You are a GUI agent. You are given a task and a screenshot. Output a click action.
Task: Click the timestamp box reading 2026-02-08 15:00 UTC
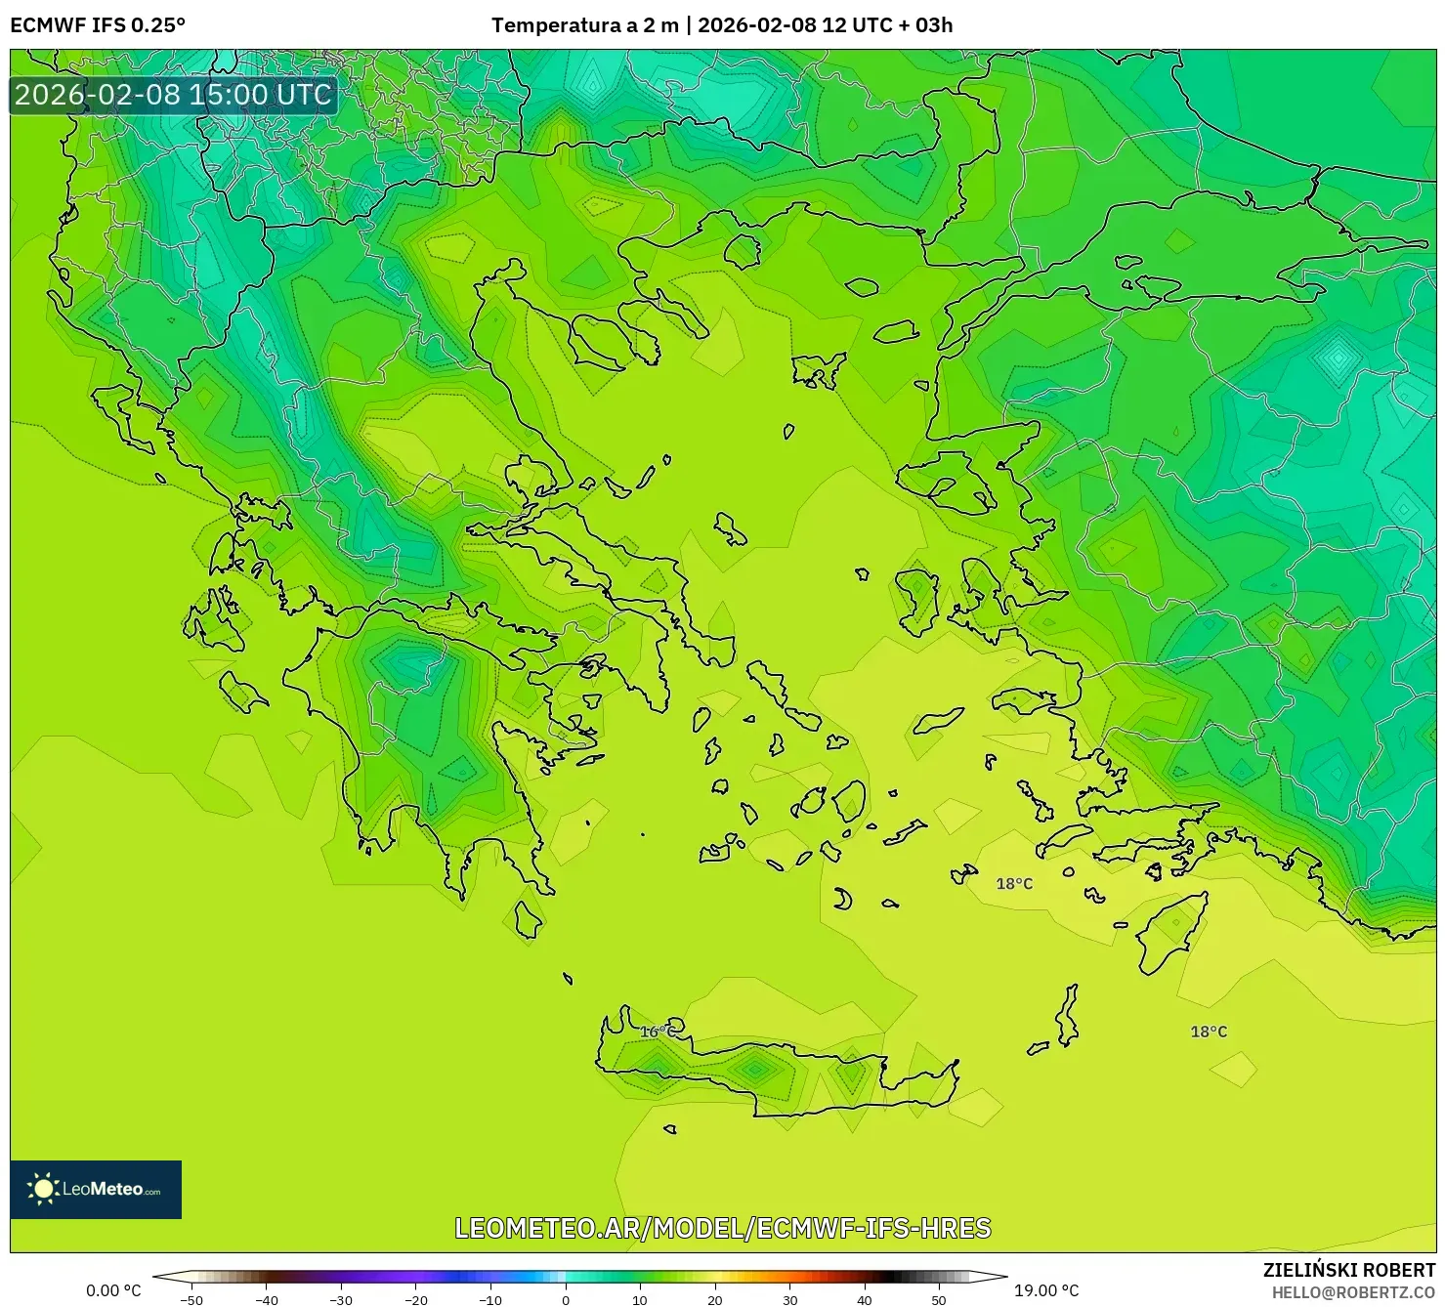174,95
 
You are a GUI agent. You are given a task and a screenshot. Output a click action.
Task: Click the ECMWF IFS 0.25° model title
97,25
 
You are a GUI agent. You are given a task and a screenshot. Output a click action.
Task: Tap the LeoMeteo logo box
96,1189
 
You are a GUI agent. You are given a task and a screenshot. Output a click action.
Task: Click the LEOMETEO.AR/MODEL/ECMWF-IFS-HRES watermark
723,1228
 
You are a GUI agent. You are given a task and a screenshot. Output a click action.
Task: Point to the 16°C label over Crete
658,1032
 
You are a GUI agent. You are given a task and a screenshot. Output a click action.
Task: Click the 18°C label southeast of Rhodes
1209,1032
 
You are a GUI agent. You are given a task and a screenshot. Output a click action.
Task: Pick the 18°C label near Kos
1014,884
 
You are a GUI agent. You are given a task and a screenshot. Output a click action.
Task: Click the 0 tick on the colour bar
565,1299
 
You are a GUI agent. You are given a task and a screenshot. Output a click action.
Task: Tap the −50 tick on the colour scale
191,1299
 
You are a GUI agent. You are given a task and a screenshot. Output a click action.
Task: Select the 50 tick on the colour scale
939,1299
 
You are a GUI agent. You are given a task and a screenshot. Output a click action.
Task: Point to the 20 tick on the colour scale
714,1299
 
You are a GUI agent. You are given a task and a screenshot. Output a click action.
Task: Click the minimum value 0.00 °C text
113,1290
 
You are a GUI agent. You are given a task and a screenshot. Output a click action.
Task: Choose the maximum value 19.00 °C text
1046,1290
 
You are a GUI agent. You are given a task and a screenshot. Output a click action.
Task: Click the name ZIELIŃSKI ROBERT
1349,1270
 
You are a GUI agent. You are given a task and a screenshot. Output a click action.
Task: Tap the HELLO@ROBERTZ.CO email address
1353,1292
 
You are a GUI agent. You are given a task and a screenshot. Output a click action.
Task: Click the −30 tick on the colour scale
341,1299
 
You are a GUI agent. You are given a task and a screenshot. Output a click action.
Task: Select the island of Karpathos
1067,1016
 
